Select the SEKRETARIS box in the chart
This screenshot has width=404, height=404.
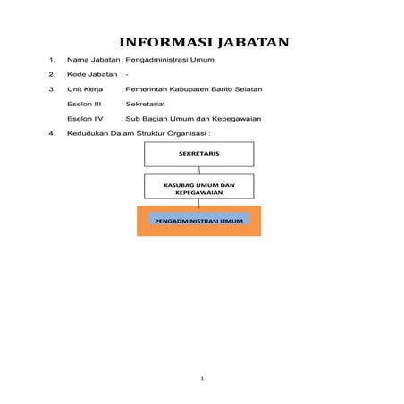(x=199, y=154)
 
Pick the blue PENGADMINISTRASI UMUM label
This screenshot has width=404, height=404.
(x=199, y=218)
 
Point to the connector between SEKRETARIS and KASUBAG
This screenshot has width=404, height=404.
(x=199, y=170)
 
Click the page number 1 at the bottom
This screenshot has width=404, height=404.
(x=203, y=379)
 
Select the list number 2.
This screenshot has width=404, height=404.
(x=53, y=75)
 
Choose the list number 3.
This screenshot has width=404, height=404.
(x=53, y=90)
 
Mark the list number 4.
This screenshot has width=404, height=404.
(x=53, y=133)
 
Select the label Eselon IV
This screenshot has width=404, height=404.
(x=86, y=119)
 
